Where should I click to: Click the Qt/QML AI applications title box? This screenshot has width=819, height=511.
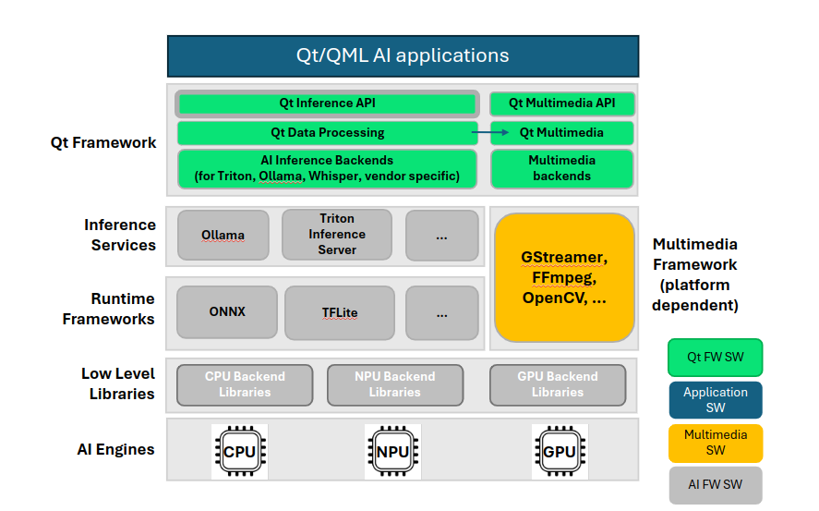(403, 55)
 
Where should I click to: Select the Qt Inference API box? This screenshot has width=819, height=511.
(327, 103)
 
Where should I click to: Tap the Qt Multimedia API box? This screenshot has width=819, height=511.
(561, 103)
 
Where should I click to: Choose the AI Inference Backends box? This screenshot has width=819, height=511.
(327, 168)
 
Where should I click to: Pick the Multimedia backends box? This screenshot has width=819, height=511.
(561, 168)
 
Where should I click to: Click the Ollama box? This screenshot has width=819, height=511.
(223, 235)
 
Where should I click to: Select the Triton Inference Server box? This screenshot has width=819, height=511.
(337, 235)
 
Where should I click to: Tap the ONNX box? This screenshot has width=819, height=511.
(227, 312)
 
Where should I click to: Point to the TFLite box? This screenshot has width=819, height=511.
(339, 312)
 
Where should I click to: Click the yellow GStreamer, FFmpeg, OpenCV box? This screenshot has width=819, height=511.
(564, 277)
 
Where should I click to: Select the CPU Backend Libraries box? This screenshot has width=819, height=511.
(245, 384)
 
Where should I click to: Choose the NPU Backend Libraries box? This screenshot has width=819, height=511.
(394, 384)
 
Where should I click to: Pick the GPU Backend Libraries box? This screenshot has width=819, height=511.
(557, 384)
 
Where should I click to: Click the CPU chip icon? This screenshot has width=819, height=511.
(239, 452)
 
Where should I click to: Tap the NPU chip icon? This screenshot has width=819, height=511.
(392, 452)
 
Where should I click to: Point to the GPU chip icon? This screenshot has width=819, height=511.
(560, 452)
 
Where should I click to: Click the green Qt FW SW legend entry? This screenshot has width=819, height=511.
(715, 358)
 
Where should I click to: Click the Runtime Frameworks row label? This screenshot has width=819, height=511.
(109, 310)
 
